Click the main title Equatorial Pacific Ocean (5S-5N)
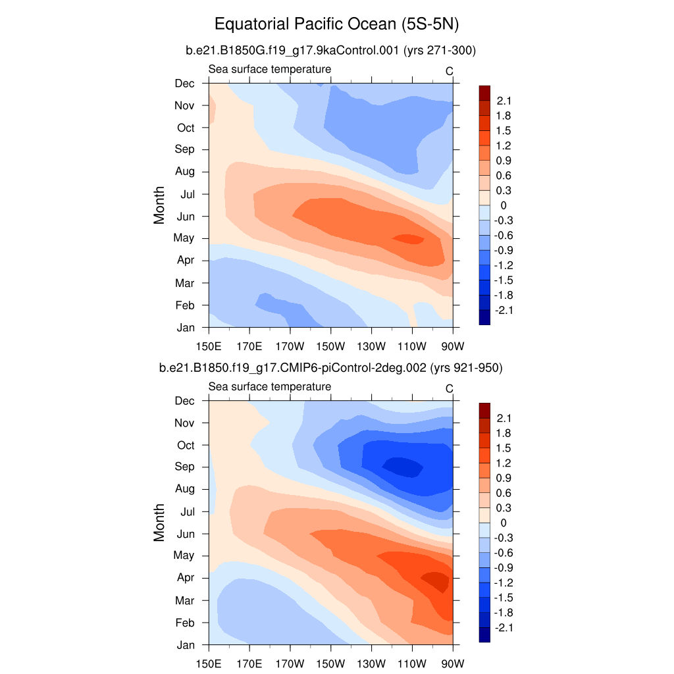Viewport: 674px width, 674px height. coord(336,25)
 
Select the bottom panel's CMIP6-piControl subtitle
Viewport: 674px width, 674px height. coord(331,369)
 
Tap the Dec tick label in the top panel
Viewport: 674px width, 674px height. coord(184,83)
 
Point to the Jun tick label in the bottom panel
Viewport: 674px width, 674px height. coord(186,533)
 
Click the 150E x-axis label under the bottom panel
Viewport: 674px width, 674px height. coord(209,663)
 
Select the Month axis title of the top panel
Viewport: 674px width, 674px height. coord(159,205)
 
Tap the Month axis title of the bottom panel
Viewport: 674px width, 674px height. coord(159,523)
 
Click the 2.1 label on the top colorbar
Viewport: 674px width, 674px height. coord(504,101)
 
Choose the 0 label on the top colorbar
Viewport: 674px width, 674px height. coord(504,205)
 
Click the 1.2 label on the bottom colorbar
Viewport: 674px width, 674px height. coord(504,463)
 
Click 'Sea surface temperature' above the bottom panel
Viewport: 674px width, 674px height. coord(270,386)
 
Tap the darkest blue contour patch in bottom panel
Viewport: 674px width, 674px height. coord(403,467)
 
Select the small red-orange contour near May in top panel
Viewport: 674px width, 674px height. coord(408,239)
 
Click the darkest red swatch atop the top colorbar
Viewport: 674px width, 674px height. coord(484,93)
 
